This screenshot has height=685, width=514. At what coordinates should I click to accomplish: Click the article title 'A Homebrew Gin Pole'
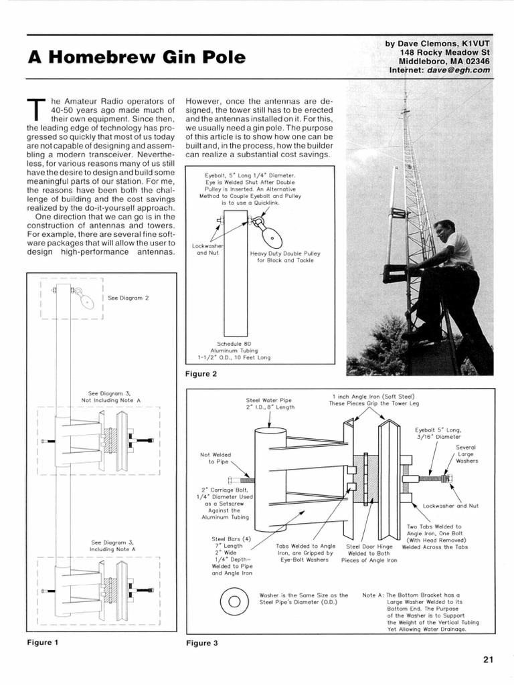[137, 58]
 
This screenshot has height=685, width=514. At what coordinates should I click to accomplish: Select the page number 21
[488, 659]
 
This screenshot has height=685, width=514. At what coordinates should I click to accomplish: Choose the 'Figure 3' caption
[202, 644]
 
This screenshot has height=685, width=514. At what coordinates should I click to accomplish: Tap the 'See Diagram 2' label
[128, 298]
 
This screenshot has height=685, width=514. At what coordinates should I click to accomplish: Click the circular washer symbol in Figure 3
[234, 599]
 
